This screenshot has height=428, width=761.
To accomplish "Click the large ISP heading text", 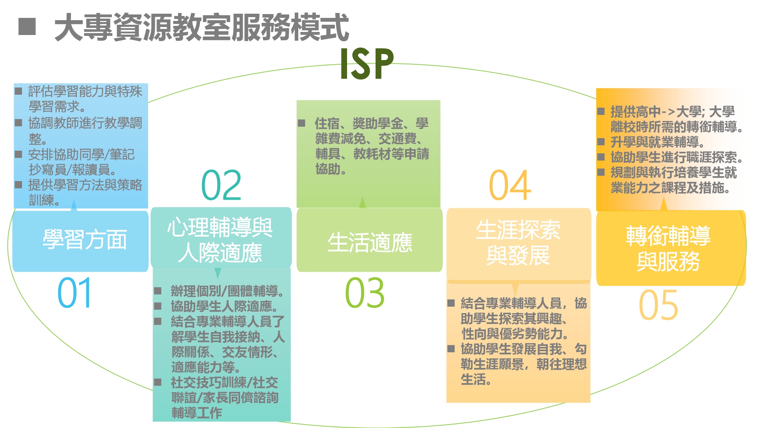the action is (x=367, y=64).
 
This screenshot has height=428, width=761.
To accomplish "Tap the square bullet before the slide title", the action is (x=27, y=27).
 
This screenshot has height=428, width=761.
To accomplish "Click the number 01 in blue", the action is (x=74, y=293).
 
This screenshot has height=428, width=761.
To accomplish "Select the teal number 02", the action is (x=221, y=185).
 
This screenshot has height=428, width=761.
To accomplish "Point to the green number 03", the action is (x=365, y=293).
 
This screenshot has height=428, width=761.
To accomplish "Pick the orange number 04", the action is (x=510, y=185).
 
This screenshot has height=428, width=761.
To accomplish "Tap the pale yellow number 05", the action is (x=658, y=305).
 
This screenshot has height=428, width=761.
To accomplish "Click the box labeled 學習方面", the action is (x=80, y=241).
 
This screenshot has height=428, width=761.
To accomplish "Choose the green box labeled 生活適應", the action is (x=369, y=240).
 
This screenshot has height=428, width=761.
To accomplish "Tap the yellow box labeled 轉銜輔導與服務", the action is (x=671, y=248).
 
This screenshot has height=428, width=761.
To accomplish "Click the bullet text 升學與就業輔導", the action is (x=658, y=142).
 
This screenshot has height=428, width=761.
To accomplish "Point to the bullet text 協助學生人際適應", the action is (x=224, y=306).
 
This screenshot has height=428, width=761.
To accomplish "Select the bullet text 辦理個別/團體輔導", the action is (x=227, y=291).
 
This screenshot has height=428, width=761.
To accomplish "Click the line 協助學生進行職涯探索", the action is (x=677, y=157).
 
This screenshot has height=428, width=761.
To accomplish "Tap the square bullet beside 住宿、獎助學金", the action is (x=301, y=123).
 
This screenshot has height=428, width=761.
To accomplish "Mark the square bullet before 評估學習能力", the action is (x=18, y=91).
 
